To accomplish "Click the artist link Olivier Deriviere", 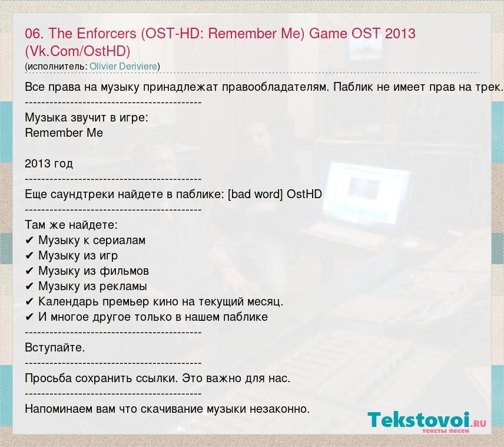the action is (x=124, y=66).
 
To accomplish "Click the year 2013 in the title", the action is (x=400, y=34).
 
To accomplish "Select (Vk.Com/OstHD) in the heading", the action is (x=78, y=51).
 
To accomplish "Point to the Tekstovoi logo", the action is (x=427, y=422).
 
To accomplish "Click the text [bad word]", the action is (x=255, y=194).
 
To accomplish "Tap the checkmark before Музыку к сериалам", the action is (x=29, y=241).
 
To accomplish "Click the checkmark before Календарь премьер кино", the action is (x=29, y=302).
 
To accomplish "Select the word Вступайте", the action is (x=55, y=348).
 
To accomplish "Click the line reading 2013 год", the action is (x=49, y=164).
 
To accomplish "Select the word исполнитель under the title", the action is (x=56, y=67).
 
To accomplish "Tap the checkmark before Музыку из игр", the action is (x=29, y=256).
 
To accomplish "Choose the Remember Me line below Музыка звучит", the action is (x=64, y=133).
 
